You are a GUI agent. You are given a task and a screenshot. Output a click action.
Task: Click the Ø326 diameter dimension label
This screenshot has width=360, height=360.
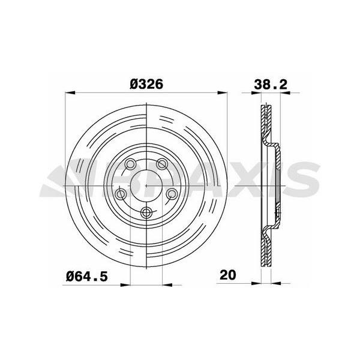click(x=146, y=84)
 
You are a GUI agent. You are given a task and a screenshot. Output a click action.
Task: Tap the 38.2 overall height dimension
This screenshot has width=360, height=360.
click(x=270, y=84)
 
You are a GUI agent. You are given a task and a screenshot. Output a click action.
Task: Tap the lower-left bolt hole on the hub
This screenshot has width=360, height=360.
click(x=121, y=193)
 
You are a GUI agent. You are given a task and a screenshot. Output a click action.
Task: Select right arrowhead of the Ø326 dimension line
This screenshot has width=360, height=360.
click(x=224, y=93)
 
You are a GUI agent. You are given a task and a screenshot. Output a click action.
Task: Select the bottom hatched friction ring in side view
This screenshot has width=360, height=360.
click(x=266, y=246)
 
